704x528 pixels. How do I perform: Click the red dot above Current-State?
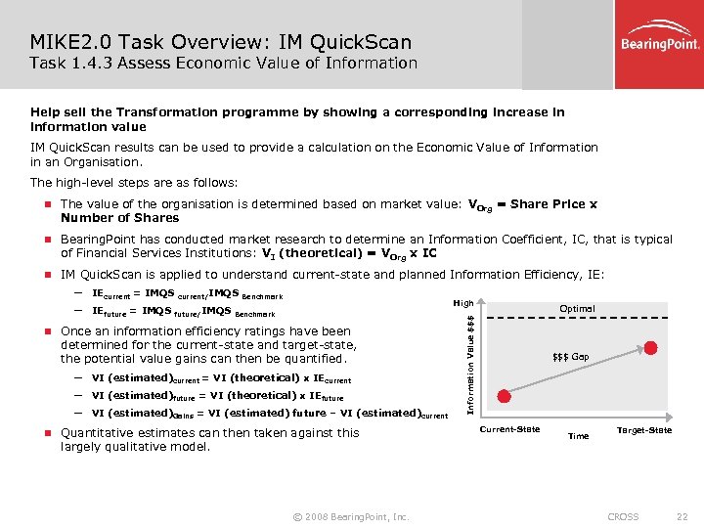(504, 396)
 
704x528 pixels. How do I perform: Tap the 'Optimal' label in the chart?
(577, 309)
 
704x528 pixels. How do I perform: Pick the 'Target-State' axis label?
(643, 430)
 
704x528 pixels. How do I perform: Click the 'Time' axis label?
(578, 436)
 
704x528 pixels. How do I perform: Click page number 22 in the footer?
(682, 516)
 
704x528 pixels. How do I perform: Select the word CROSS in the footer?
(623, 516)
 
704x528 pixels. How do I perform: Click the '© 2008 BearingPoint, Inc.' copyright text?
(351, 516)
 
